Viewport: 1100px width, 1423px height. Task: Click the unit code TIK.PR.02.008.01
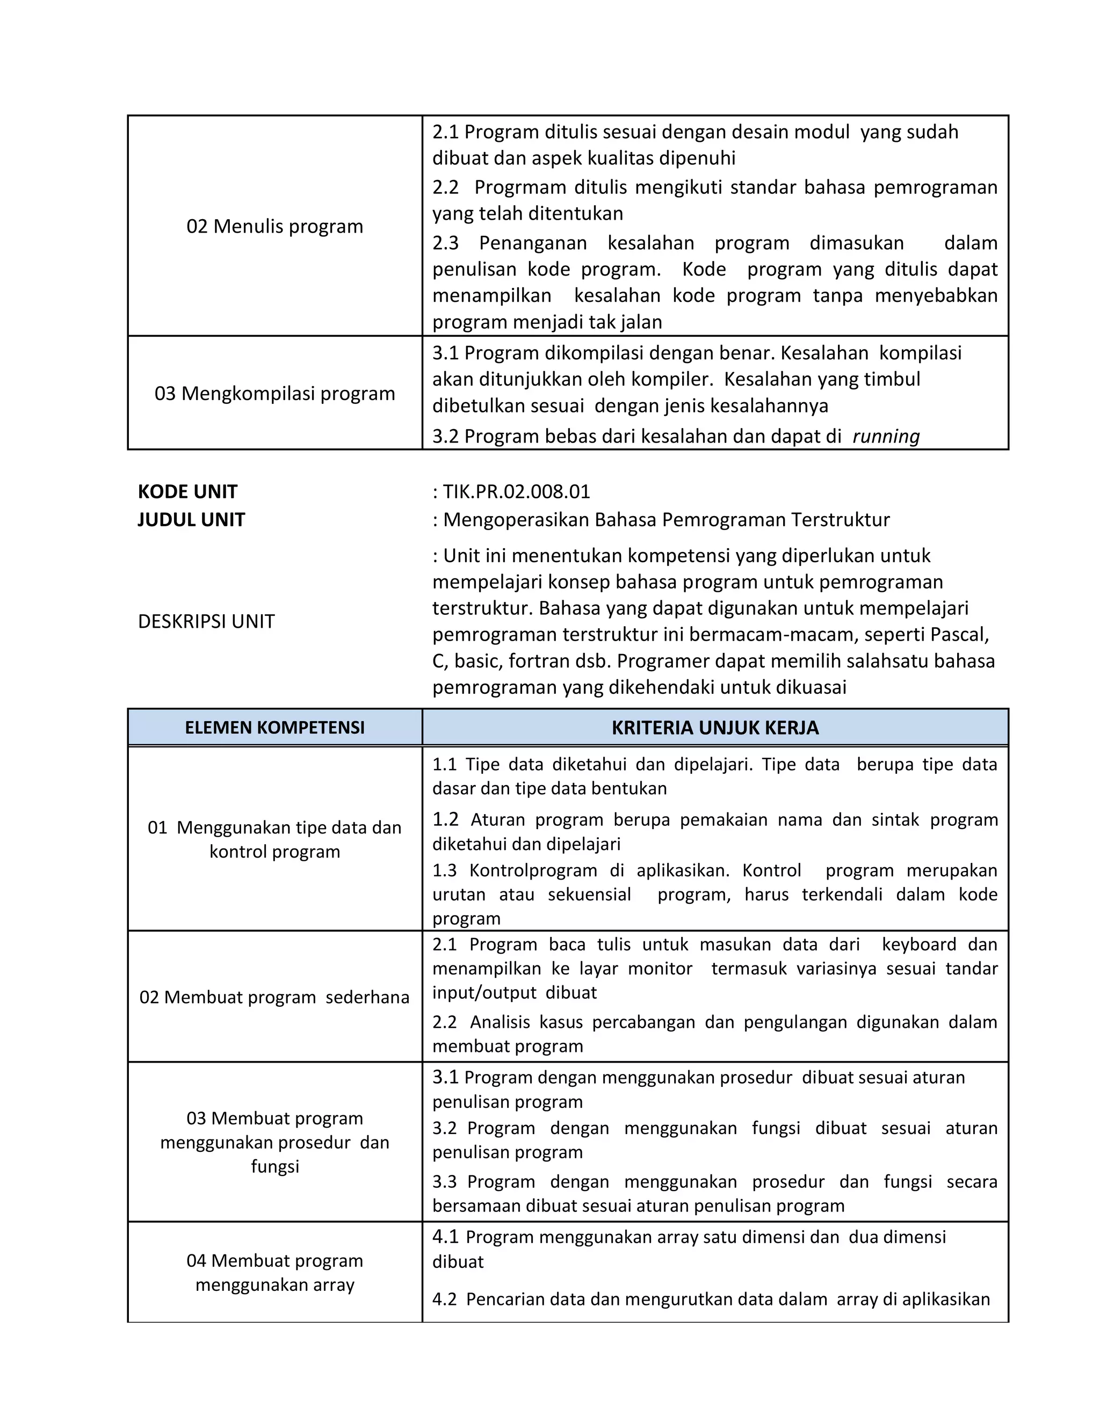516,491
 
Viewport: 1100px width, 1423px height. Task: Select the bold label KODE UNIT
187,491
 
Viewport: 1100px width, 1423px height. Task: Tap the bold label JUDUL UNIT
192,519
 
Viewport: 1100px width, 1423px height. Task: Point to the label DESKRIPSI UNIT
207,622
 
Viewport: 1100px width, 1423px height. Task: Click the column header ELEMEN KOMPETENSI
274,727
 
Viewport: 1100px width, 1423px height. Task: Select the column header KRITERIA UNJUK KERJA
715,727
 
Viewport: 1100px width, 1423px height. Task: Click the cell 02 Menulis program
274,226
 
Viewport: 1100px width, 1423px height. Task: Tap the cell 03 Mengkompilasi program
274,394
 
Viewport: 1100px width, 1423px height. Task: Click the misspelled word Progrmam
520,187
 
